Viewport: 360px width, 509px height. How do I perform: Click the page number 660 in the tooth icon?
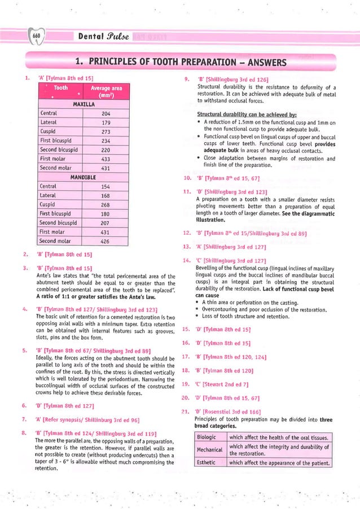[37, 36]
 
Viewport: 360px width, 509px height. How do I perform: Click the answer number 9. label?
[186, 80]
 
